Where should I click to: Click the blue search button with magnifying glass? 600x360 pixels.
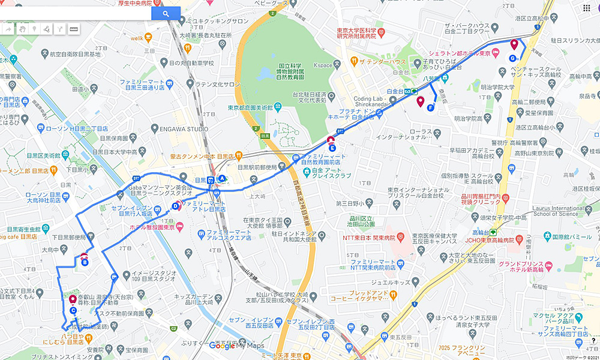pos(166,13)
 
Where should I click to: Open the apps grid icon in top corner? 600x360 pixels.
pos(586,8)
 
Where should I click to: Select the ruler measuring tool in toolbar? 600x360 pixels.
pos(74,28)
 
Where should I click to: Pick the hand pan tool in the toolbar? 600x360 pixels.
pos(22,28)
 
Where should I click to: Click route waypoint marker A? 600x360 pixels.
pos(222,178)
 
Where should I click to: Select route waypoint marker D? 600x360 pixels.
pos(176,206)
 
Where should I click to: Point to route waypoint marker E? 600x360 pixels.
pos(332,148)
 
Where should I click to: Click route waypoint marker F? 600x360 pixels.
pos(430,108)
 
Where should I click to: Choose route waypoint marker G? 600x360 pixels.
pos(512,58)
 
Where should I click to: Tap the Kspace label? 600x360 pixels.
pos(323,65)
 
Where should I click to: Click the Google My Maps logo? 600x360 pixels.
pos(237,346)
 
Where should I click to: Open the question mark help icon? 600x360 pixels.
pos(593,341)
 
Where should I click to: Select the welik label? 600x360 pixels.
pos(137,37)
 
